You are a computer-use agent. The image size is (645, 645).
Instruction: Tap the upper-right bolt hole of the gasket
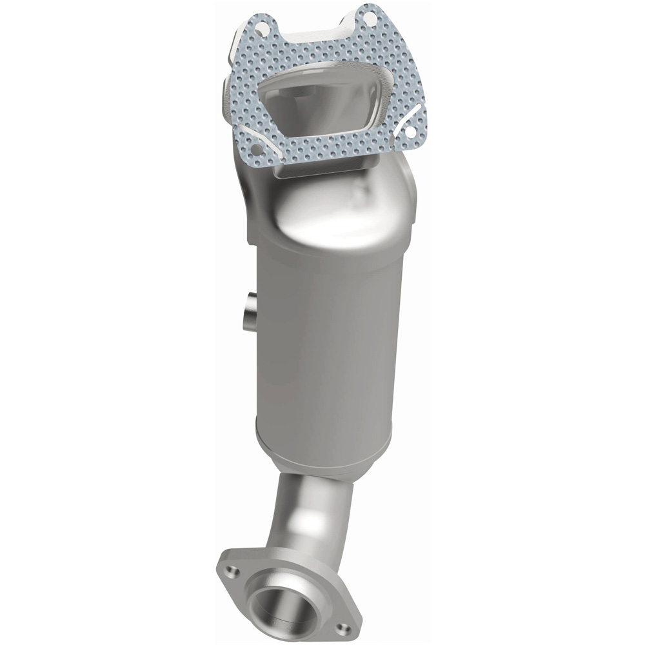[369, 19]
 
